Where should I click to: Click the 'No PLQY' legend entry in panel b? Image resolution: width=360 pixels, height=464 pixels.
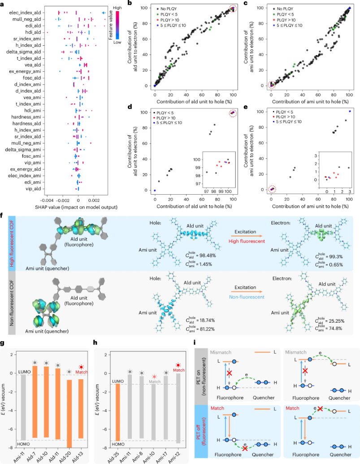click(x=170, y=9)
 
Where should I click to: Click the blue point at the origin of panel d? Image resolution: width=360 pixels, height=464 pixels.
click(x=155, y=190)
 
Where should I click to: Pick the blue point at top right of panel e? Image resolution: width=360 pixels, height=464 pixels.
click(x=350, y=111)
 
